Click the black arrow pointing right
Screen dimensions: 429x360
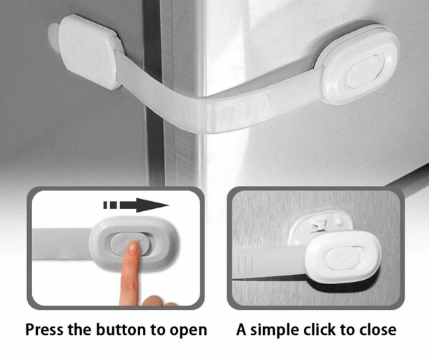click(x=137, y=205)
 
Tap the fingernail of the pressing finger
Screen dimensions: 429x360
click(x=133, y=248)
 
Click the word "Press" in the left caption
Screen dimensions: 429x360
click(x=44, y=330)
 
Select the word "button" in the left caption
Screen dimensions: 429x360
click(x=121, y=329)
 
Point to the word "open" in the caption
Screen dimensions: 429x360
click(x=188, y=331)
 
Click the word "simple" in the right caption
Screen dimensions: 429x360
click(x=275, y=330)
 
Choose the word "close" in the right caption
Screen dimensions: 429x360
click(x=378, y=329)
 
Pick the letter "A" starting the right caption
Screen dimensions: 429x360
click(x=242, y=329)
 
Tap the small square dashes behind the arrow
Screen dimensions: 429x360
click(x=110, y=205)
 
